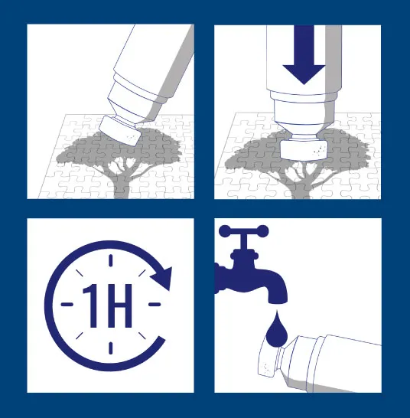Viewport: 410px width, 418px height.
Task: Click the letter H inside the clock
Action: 119,305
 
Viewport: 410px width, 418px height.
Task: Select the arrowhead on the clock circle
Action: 162,278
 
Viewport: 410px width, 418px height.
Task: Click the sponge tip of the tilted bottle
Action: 119,131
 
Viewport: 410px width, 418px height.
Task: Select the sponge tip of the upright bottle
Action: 304,150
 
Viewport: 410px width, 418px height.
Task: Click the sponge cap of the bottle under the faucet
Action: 268,358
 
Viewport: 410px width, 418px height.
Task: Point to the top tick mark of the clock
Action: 111,260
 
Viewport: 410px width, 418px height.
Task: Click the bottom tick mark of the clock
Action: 111,348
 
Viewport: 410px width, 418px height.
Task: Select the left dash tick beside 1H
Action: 67,304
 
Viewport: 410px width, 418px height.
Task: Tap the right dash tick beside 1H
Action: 155,304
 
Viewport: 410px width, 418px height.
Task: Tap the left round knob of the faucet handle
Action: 225,231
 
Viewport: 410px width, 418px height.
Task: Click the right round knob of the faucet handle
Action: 262,231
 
